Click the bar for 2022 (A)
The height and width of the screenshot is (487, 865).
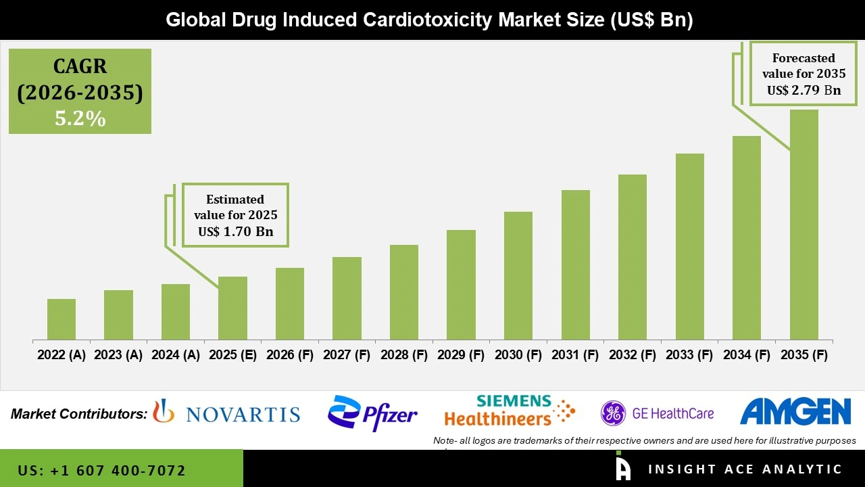pyautogui.click(x=61, y=319)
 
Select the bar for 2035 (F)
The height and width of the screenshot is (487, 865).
pyautogui.click(x=804, y=225)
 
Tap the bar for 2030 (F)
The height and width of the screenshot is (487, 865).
pyautogui.click(x=518, y=275)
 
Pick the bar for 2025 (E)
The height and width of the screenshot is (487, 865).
pyautogui.click(x=232, y=308)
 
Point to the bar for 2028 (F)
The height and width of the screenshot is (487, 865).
pyautogui.click(x=404, y=292)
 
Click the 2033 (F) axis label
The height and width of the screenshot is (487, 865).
pyautogui.click(x=690, y=355)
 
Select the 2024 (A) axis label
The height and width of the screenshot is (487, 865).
pyautogui.click(x=176, y=355)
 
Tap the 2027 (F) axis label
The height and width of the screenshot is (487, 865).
pyautogui.click(x=347, y=355)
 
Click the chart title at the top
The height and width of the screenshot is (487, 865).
pyautogui.click(x=430, y=20)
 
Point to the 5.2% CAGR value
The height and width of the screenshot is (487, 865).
pyautogui.click(x=80, y=119)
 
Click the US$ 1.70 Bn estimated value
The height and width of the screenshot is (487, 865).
pyautogui.click(x=235, y=231)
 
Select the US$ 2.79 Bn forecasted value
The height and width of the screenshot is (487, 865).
pyautogui.click(x=804, y=90)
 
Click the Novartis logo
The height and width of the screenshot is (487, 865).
pyautogui.click(x=227, y=413)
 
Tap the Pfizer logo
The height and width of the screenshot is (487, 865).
pyautogui.click(x=372, y=413)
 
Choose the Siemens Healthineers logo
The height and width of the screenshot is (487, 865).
pyautogui.click(x=509, y=411)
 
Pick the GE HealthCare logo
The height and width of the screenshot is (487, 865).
pyautogui.click(x=657, y=413)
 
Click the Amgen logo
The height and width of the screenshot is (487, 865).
pyautogui.click(x=795, y=412)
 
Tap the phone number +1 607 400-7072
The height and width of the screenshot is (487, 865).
pyautogui.click(x=102, y=470)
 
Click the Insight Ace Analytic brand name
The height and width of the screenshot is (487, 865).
pyautogui.click(x=745, y=469)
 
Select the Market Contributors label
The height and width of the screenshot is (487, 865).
pyautogui.click(x=79, y=413)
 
